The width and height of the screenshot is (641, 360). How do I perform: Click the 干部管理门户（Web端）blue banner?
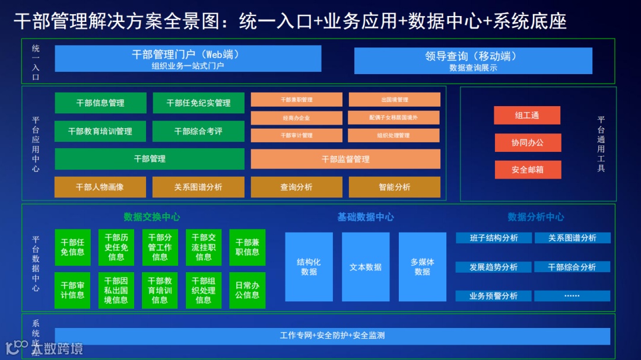(188, 59)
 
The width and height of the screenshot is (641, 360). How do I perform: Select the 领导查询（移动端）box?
(473, 61)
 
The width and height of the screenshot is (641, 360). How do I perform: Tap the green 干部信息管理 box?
(100, 103)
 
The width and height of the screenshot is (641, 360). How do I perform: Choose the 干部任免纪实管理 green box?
(198, 103)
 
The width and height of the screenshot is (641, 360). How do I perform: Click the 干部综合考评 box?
(198, 131)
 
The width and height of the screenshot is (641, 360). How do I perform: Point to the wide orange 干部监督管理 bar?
(345, 159)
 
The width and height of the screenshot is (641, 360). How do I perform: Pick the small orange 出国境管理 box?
(394, 100)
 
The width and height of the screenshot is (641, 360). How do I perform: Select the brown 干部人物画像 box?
(100, 187)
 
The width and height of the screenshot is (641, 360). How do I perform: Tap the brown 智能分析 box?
(394, 187)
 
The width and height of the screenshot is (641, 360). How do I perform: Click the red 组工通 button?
(527, 116)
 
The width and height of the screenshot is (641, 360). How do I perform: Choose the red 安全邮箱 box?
(527, 170)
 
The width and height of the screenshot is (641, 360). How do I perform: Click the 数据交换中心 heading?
(151, 217)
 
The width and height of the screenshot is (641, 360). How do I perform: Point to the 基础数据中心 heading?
(365, 217)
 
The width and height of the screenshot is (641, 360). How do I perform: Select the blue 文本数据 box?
(365, 267)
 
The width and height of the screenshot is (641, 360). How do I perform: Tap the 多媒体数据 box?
(422, 267)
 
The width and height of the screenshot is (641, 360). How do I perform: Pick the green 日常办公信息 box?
(247, 290)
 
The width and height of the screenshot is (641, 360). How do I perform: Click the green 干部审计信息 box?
(72, 290)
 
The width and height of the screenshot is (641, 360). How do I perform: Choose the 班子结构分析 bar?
(494, 238)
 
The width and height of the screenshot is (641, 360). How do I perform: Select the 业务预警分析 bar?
(494, 295)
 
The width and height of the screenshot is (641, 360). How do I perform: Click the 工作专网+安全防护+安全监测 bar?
(332, 336)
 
